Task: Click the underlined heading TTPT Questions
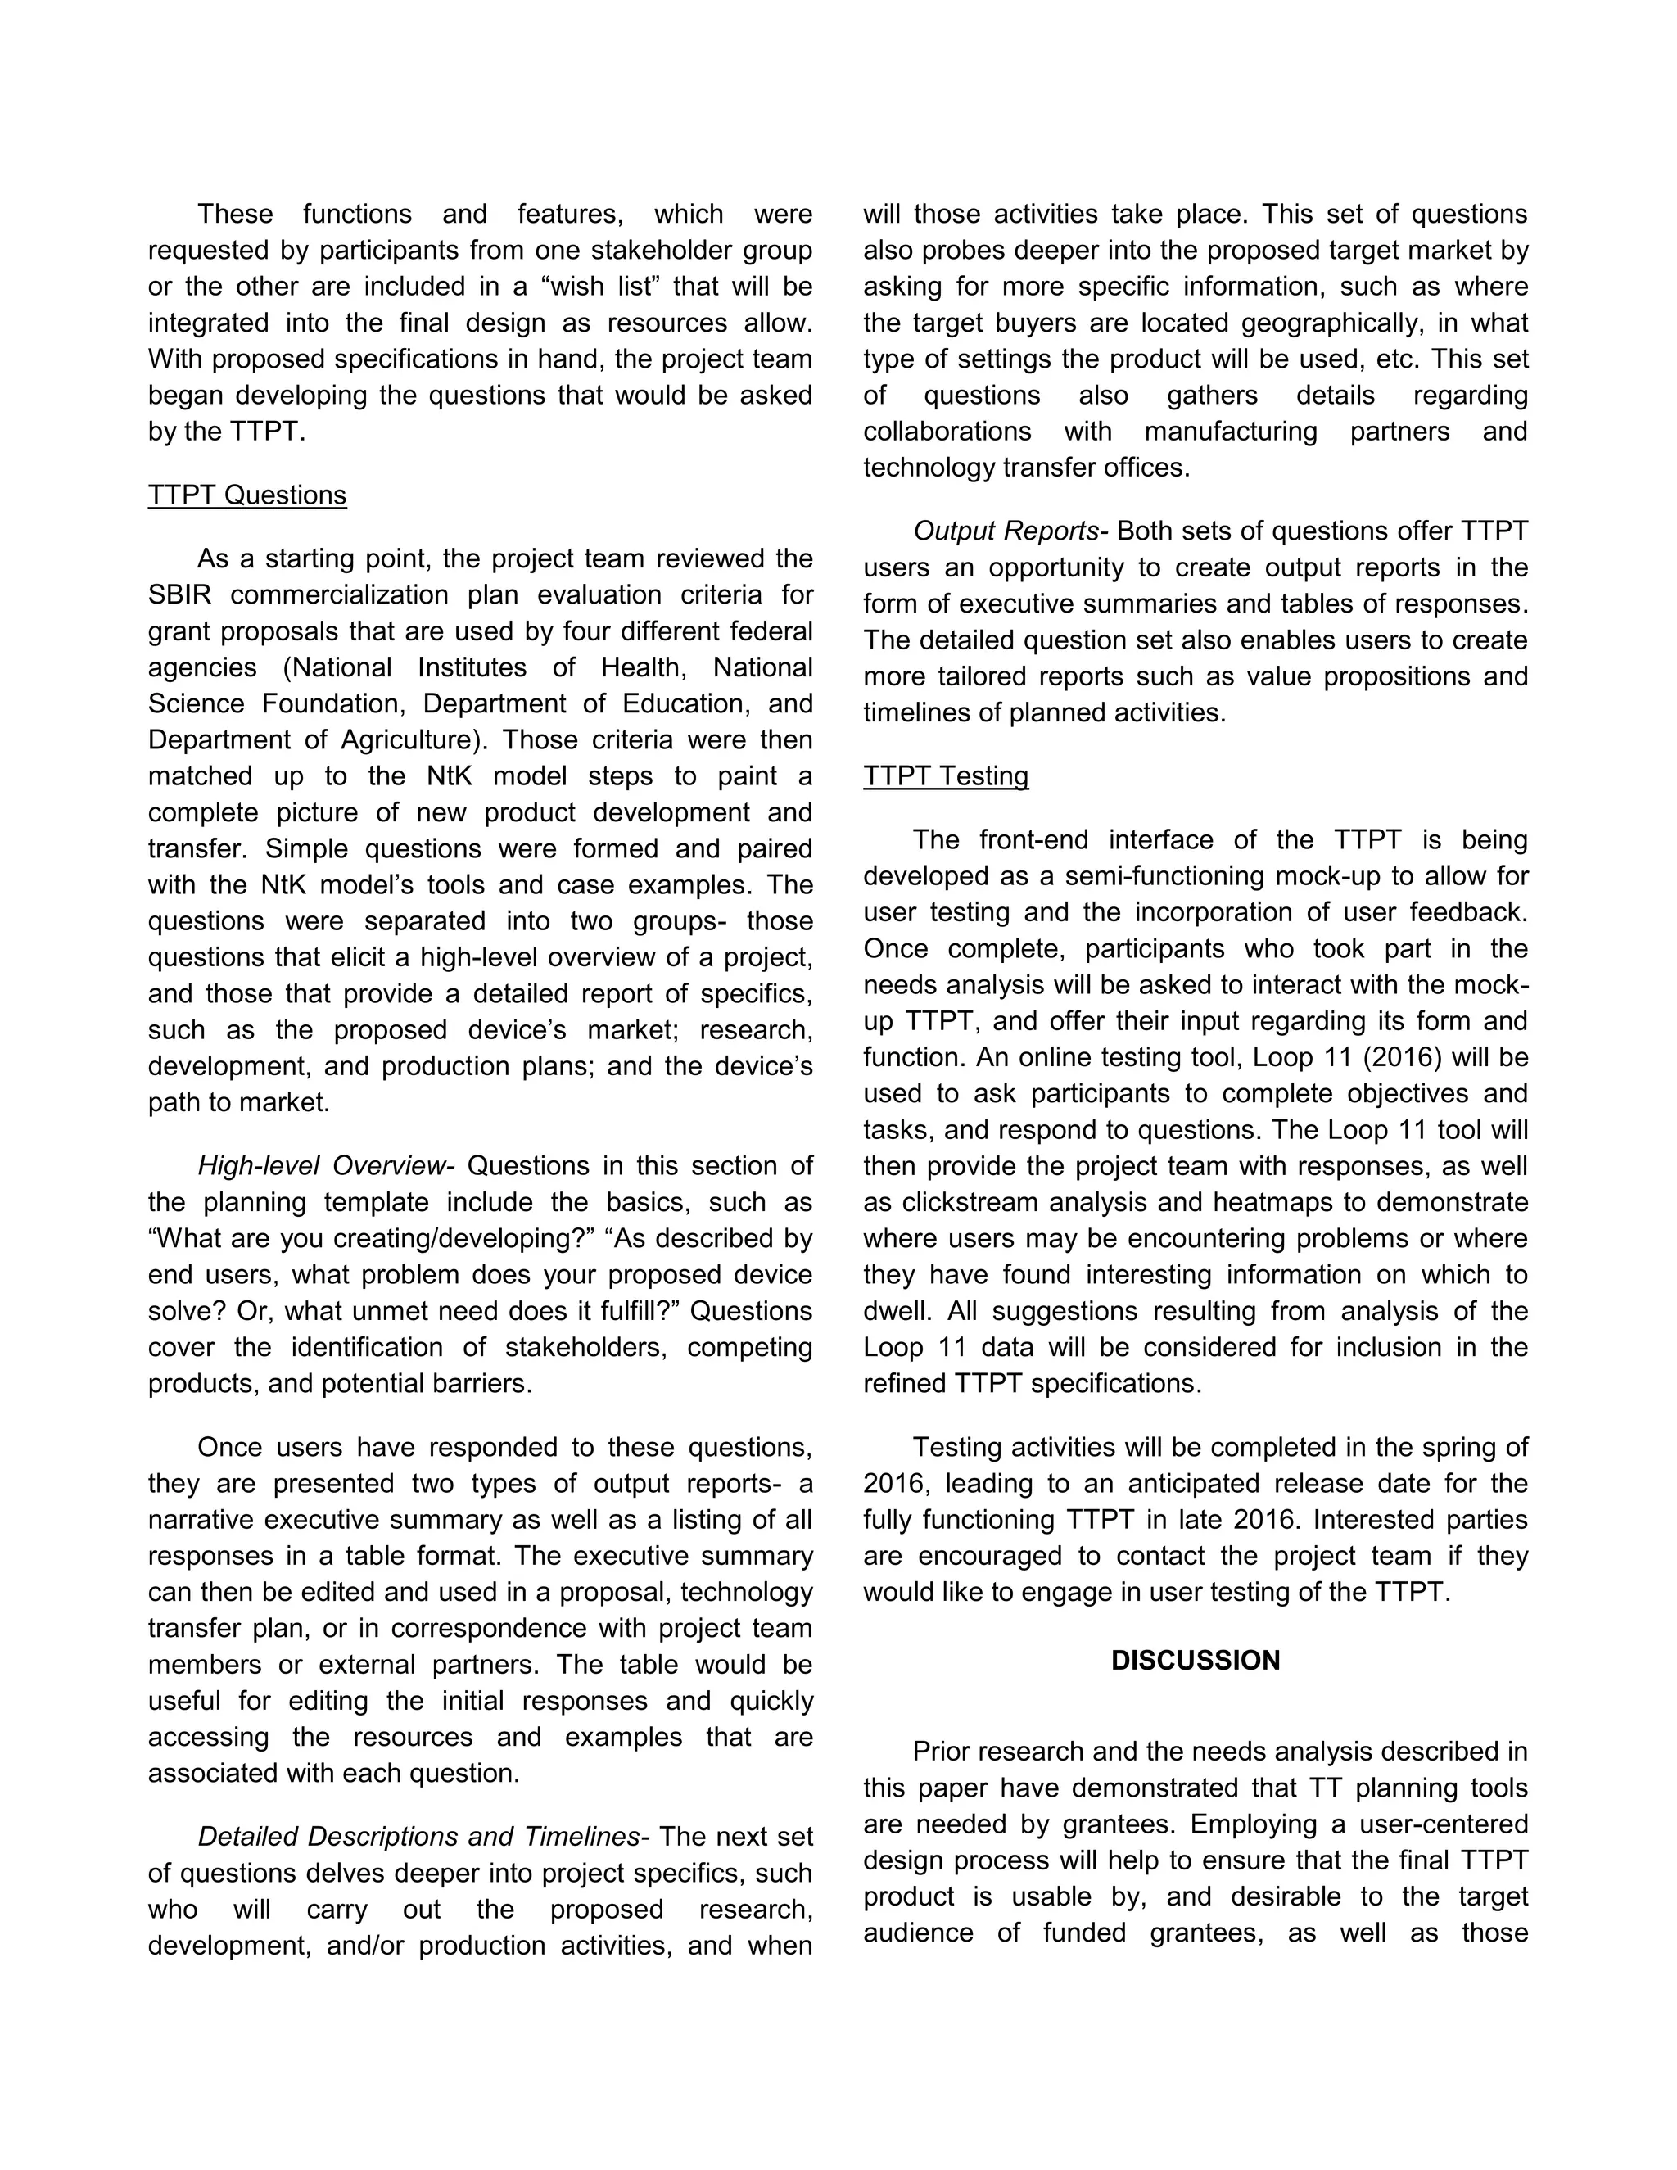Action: point(247,495)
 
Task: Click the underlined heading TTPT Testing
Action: point(945,776)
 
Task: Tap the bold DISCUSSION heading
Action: point(1196,1661)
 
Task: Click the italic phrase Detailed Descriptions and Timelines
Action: point(423,1836)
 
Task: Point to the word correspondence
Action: point(493,1629)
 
